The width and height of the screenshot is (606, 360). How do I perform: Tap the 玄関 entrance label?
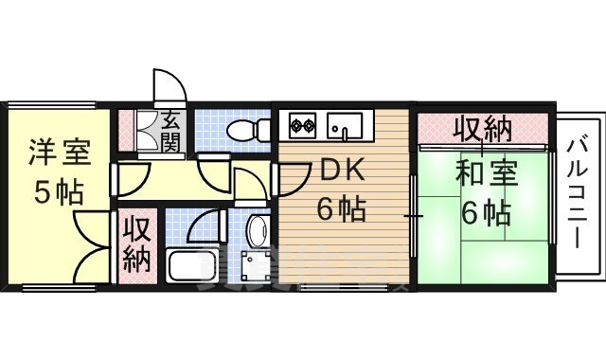click(x=171, y=133)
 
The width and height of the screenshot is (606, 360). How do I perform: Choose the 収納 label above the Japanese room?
click(x=483, y=127)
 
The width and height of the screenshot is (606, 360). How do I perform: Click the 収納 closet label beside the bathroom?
click(x=137, y=244)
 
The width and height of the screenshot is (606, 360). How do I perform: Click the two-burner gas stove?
click(x=302, y=124)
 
